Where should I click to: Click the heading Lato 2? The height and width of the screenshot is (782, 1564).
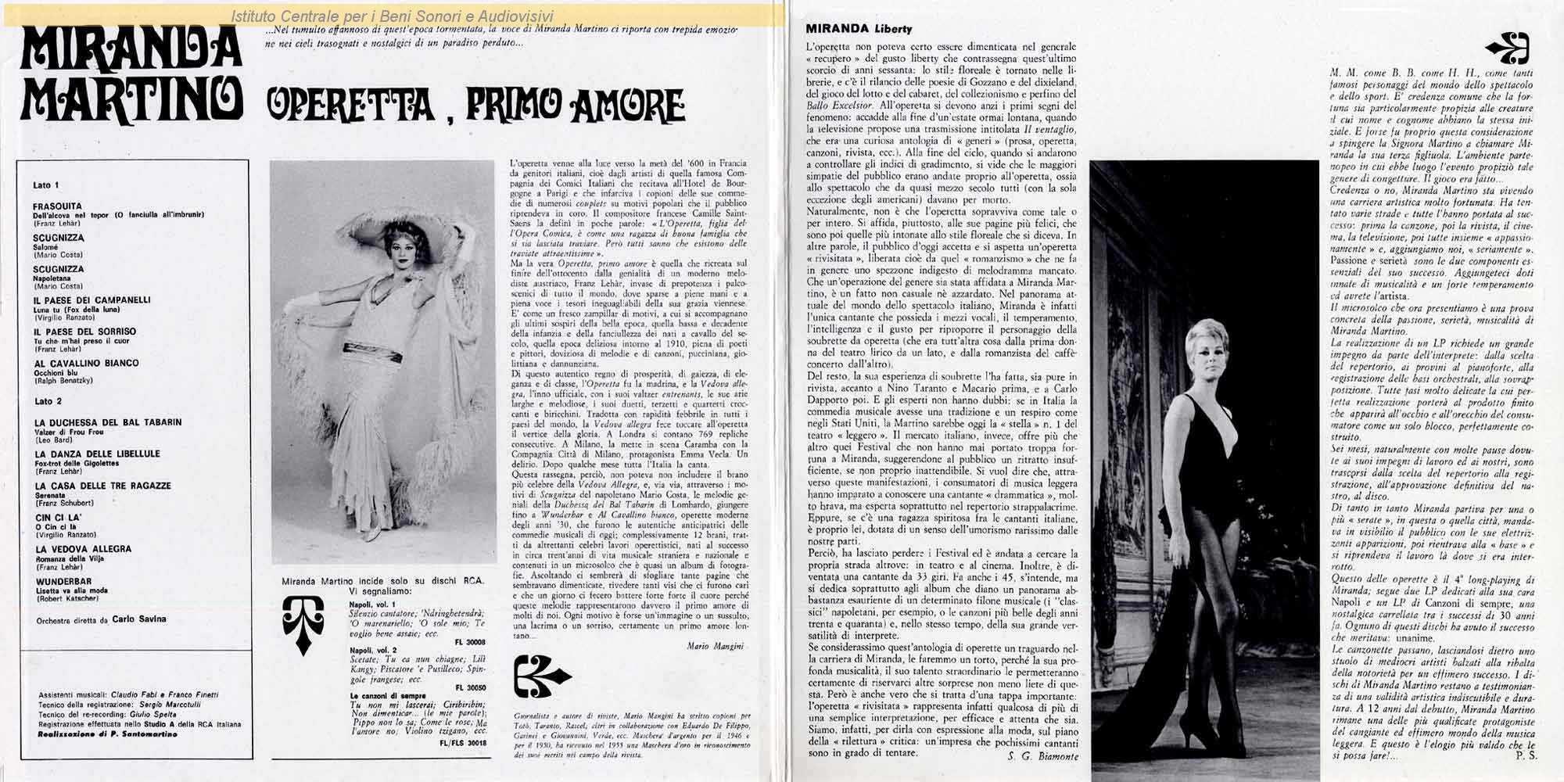coord(48,401)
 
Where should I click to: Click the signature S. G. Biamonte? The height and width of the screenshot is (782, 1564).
coord(1038,757)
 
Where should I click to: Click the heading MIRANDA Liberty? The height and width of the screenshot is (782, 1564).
coord(859,29)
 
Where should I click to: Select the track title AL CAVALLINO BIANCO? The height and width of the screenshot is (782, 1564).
coord(86,363)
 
